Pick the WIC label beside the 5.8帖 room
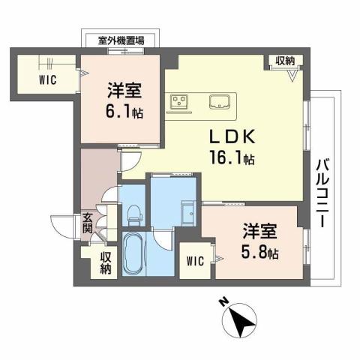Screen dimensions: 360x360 195,261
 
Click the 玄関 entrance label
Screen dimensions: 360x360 87,223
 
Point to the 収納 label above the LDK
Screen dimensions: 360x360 284,61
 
